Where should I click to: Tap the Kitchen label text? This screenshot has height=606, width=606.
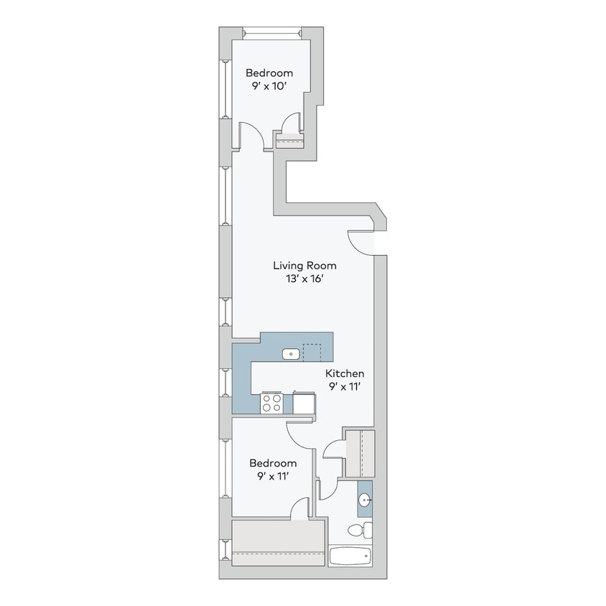345,373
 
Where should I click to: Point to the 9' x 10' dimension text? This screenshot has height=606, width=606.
269,86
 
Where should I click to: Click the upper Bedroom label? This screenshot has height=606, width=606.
269,73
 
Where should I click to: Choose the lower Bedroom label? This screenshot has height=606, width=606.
272,463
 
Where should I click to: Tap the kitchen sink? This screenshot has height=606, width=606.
291,353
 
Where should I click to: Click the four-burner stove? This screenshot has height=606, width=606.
271,404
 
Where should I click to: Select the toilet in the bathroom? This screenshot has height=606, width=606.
360,531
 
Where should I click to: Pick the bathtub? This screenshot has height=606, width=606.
350,556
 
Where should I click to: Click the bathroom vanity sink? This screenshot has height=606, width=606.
365,500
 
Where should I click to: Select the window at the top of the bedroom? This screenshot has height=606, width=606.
271,32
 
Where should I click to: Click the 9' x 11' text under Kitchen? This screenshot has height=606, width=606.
345,388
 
